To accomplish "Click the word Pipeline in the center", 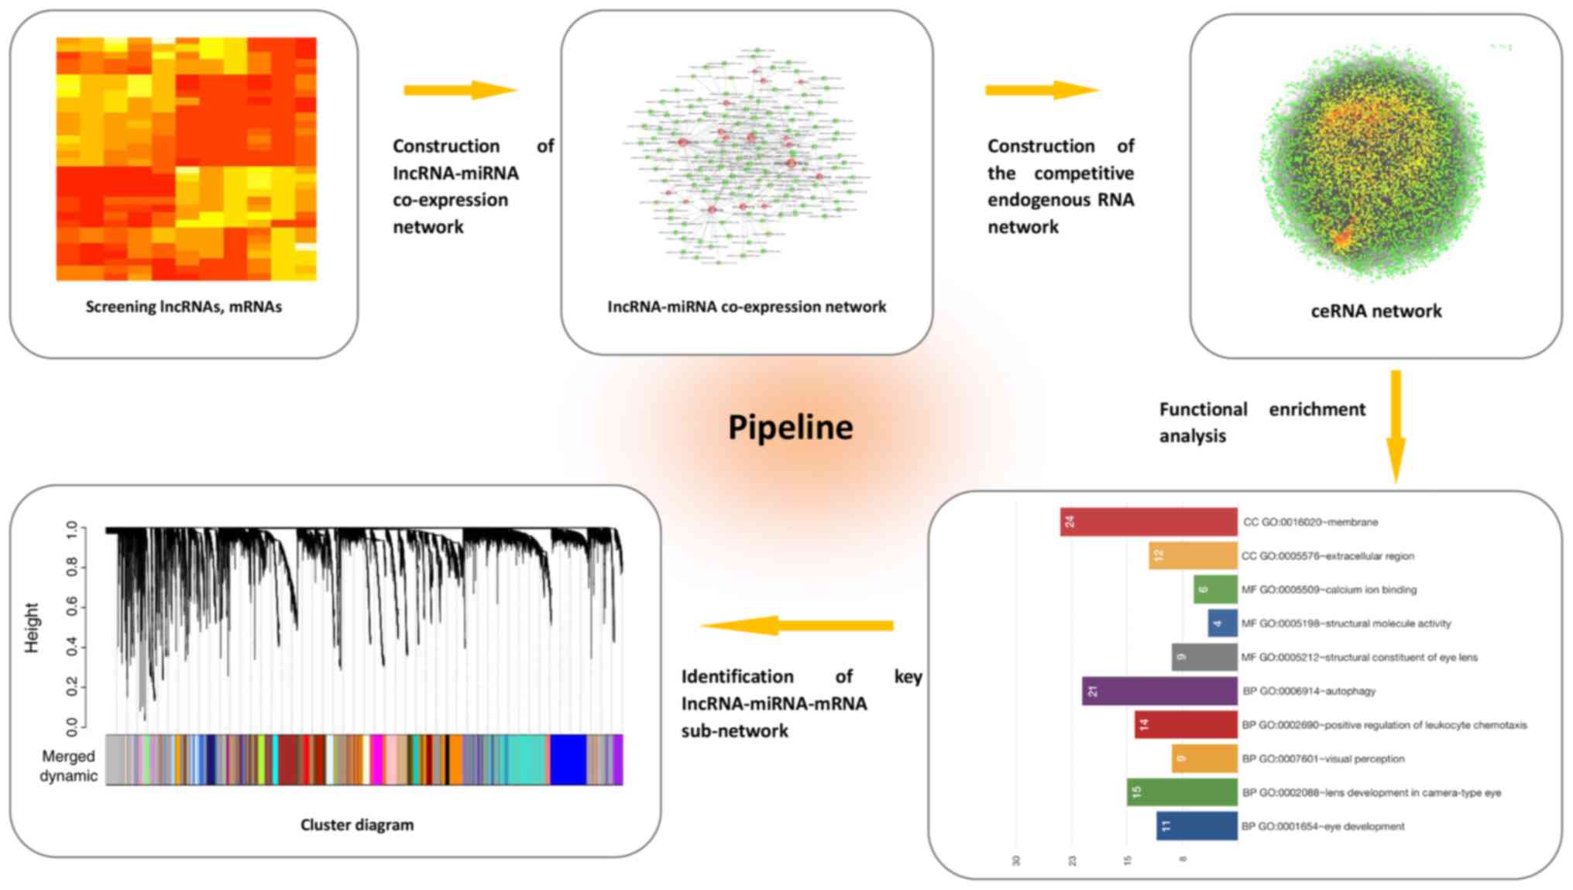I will pyautogui.click(x=790, y=428).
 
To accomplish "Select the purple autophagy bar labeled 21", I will pyautogui.click(x=1159, y=691).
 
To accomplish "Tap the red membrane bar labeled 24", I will pyautogui.click(x=1149, y=522).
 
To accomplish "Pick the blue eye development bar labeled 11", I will pyautogui.click(x=1197, y=826).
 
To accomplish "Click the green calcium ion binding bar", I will pyautogui.click(x=1215, y=589).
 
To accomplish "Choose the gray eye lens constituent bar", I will pyautogui.click(x=1204, y=657).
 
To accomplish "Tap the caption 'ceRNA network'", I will pyautogui.click(x=1376, y=311).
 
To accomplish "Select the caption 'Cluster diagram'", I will pyautogui.click(x=357, y=825).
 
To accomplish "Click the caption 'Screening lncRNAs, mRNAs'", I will pyautogui.click(x=184, y=307).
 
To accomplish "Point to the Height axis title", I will pyautogui.click(x=32, y=627).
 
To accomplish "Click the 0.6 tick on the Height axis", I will pyautogui.click(x=72, y=607).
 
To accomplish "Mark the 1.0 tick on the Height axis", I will pyautogui.click(x=72, y=531).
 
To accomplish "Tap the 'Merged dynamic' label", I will pyautogui.click(x=69, y=765).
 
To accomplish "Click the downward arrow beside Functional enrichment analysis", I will pyautogui.click(x=1396, y=426).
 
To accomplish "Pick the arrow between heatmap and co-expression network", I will pyautogui.click(x=460, y=90).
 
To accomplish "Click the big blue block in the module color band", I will pyautogui.click(x=568, y=760).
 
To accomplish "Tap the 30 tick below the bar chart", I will pyautogui.click(x=1016, y=861).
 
